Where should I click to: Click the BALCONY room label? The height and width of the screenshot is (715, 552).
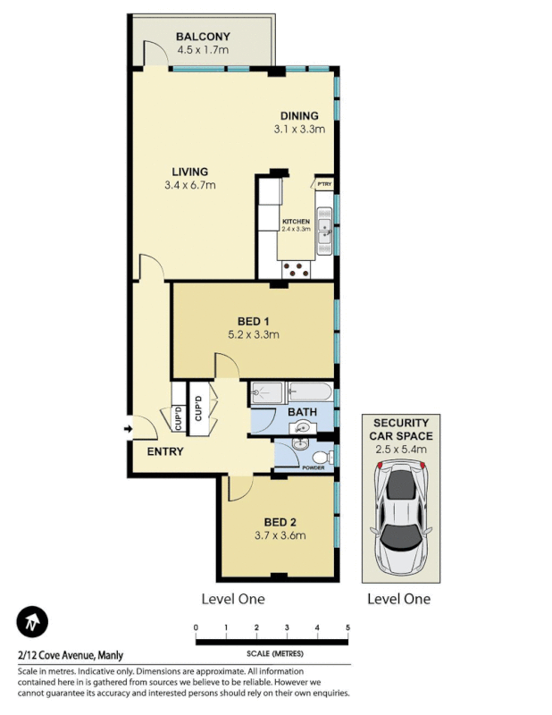pyautogui.click(x=203, y=37)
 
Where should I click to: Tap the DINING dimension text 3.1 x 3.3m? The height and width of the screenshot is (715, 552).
pyautogui.click(x=298, y=130)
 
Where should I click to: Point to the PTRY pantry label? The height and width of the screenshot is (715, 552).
pyautogui.click(x=323, y=184)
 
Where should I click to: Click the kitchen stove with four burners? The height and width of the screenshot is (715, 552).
pyautogui.click(x=296, y=265)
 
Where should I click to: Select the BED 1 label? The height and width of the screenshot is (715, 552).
pyautogui.click(x=254, y=322)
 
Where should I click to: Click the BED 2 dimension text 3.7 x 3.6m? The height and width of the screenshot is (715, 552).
pyautogui.click(x=280, y=536)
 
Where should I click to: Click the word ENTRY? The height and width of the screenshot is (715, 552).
pyautogui.click(x=165, y=451)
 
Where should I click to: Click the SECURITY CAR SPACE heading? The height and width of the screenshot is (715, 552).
pyautogui.click(x=401, y=430)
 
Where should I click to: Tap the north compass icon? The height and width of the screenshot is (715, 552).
pyautogui.click(x=32, y=621)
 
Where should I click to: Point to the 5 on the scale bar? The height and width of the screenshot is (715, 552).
pyautogui.click(x=347, y=629)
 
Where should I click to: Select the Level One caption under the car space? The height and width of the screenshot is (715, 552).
pyautogui.click(x=399, y=599)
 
